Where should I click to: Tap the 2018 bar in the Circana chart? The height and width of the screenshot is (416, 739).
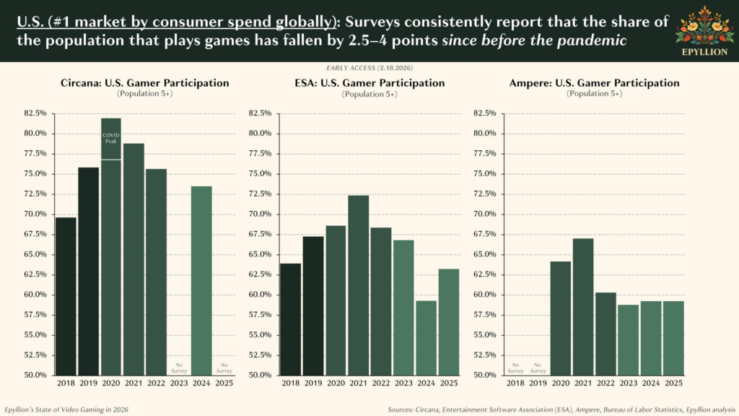66,296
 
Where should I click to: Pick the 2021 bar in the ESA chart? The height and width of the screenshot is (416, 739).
358,285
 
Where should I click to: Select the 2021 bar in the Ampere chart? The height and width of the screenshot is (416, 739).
582,306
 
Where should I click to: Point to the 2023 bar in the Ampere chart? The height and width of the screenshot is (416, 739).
628,339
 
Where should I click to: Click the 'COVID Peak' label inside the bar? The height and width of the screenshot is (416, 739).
110,138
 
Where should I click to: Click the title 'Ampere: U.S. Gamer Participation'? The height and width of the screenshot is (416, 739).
594,83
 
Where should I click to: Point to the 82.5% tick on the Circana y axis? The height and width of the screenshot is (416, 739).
35,113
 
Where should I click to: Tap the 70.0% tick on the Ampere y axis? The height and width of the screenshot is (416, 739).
484,214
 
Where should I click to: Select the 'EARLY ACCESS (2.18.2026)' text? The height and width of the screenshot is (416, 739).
369,67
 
